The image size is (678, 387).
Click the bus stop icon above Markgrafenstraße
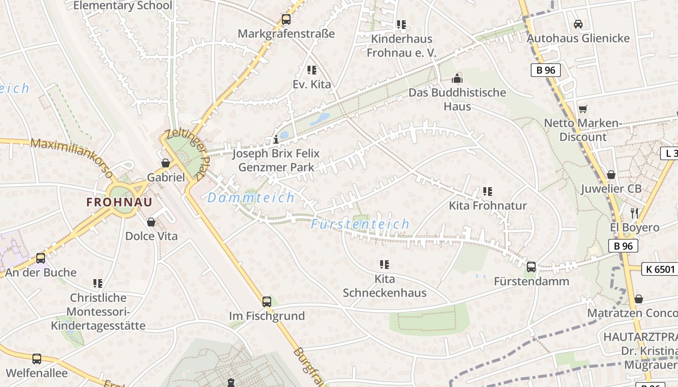286,20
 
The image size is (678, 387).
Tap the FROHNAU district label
119,202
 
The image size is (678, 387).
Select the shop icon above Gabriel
166,163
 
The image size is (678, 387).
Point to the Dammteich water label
251,197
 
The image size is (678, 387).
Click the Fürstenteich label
360,224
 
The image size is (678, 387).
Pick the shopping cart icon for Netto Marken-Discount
583,109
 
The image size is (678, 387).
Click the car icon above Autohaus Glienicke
578,24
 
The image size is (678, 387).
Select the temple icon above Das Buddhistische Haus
457,78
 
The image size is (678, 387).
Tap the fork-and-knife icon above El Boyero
634,213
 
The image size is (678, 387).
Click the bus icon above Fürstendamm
531,267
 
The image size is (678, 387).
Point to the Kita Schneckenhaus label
385,286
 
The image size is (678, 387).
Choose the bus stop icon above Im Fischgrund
267,302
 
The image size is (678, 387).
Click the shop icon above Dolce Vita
151,222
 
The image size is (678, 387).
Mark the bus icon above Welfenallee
37,359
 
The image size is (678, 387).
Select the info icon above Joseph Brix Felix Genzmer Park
276,140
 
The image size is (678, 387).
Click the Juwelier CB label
611,189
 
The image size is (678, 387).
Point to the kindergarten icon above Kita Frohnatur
487,192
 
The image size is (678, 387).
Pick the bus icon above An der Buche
41,258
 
